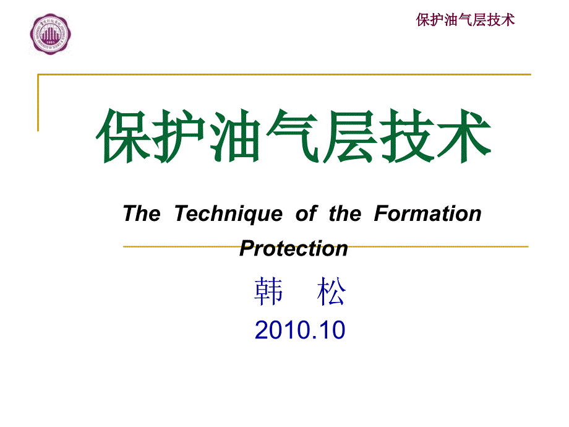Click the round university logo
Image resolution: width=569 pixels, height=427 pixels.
point(51,34)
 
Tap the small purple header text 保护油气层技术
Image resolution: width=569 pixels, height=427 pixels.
point(465,20)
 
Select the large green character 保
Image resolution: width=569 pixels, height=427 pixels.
point(124,136)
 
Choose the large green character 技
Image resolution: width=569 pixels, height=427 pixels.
point(406,136)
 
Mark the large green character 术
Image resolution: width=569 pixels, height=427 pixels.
point(463,136)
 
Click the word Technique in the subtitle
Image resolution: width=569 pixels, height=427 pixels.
point(229,214)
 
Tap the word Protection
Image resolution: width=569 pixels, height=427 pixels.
point(294,248)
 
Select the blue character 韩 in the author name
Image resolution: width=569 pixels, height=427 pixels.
point(268,291)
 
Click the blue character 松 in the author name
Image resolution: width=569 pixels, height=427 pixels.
point(332,291)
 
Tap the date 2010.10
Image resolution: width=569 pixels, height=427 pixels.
point(300,330)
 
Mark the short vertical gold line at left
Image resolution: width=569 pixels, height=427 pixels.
point(38,103)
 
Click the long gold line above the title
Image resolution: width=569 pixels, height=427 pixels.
point(284,74)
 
